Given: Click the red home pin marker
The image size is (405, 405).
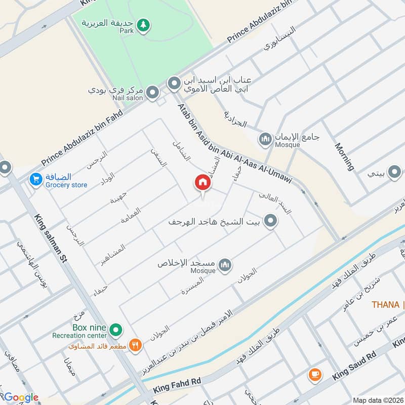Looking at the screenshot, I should click(202, 183).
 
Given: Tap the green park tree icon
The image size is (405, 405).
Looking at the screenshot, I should click(144, 24).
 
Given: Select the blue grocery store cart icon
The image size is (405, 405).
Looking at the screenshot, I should click(35, 180).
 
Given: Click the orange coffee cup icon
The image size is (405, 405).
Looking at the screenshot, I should click(315, 375).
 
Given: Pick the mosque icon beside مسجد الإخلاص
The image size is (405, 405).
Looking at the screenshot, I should click(225, 264).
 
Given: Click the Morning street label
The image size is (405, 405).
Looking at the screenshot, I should click(344, 156).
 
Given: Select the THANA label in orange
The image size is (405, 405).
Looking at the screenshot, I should click(385, 304).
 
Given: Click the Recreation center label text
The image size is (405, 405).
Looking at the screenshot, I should click(79, 335).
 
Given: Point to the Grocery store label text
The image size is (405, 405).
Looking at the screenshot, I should click(66, 185).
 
